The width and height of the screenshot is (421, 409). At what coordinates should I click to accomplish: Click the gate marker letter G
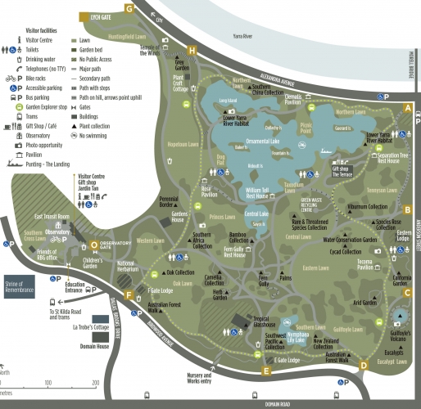129,7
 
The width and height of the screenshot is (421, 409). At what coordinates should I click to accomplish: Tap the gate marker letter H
192,51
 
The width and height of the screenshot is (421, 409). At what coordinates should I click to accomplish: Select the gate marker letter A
408,108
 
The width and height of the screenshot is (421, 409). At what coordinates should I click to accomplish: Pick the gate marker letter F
129,295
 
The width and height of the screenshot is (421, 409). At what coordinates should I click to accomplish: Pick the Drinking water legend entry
46,60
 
